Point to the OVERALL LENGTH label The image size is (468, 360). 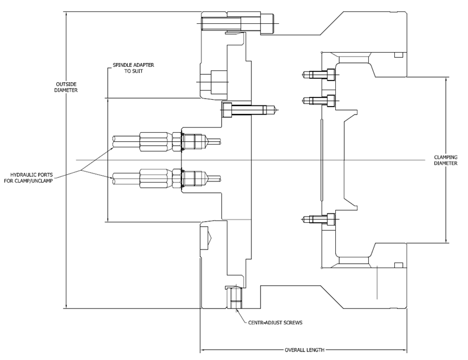[x=304, y=350]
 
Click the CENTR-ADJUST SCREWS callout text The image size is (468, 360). [x=275, y=322]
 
